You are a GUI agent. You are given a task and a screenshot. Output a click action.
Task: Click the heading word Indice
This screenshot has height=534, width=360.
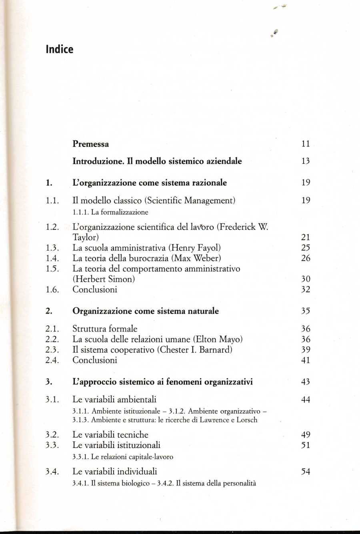click(60, 49)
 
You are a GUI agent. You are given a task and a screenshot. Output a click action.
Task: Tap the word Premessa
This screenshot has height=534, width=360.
click(90, 144)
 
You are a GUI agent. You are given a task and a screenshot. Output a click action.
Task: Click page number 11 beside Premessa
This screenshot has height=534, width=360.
click(306, 144)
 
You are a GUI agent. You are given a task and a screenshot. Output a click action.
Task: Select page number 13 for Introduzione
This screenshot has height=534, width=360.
click(306, 161)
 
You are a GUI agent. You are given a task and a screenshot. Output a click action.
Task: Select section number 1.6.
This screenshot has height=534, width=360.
click(52, 289)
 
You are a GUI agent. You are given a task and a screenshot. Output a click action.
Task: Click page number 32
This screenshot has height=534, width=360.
click(306, 289)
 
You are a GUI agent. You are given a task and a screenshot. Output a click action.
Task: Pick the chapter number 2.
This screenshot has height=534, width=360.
click(48, 311)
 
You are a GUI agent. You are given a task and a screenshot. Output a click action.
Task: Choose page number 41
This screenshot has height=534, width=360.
click(306, 360)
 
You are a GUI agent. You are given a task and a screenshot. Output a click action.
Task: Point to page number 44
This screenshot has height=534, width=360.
click(306, 399)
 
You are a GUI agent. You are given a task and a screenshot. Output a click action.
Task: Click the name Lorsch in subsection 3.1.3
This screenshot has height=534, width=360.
click(247, 420)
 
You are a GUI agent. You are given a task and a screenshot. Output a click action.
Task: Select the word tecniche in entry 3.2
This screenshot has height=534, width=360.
click(132, 434)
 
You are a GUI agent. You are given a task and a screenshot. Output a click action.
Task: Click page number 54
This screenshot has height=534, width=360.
click(306, 472)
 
